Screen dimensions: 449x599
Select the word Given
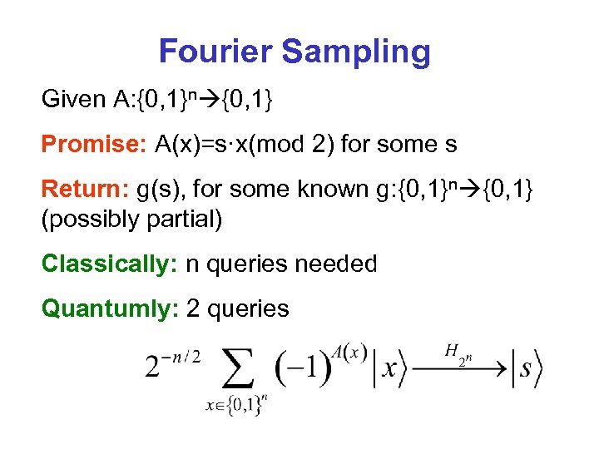[x=72, y=101]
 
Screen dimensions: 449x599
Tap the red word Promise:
[x=94, y=145]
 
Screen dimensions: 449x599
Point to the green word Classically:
[x=110, y=264]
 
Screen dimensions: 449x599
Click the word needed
[x=339, y=264]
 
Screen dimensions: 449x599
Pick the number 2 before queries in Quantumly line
[x=193, y=309]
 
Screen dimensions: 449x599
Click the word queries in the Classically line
[x=247, y=264]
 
